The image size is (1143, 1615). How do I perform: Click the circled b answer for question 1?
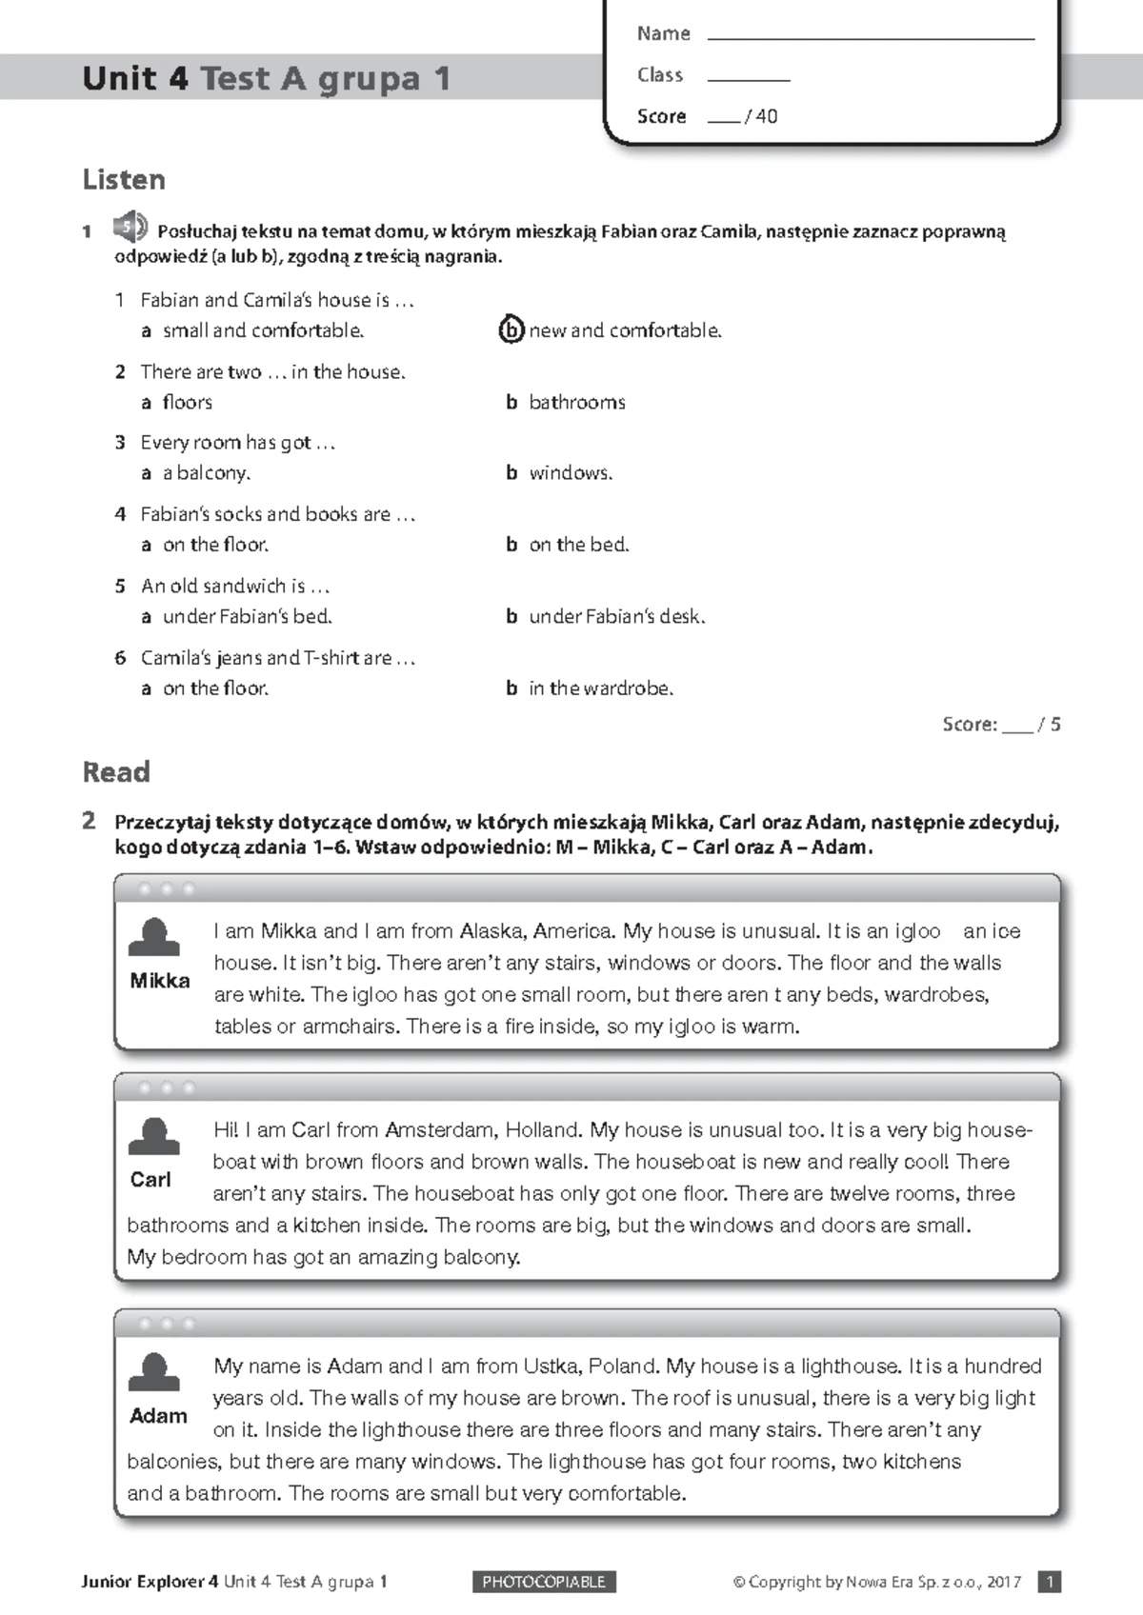click(511, 329)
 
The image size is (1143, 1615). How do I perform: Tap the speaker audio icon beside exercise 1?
click(130, 229)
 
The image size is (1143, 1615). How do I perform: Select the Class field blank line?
click(749, 78)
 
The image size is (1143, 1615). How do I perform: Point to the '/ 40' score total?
click(762, 116)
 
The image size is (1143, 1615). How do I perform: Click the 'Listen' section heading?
click(124, 179)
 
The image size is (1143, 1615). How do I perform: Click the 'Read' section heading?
click(116, 771)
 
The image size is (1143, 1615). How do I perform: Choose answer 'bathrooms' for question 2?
click(576, 402)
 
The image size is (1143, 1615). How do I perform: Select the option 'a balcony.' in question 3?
click(206, 472)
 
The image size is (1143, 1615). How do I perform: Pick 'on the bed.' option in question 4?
click(578, 545)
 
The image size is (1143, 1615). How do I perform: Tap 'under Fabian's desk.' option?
click(616, 616)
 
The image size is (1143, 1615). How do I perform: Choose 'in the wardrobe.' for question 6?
click(600, 688)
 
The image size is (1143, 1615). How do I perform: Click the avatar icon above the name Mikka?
click(154, 938)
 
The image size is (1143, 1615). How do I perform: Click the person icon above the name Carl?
click(153, 1137)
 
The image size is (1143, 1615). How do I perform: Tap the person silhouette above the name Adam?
click(153, 1372)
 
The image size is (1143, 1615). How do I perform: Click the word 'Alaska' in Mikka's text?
click(491, 931)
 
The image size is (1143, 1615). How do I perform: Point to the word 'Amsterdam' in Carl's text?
click(439, 1130)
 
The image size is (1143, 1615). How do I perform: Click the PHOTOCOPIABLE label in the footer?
click(544, 1582)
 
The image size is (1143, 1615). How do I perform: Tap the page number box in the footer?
click(1049, 1582)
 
